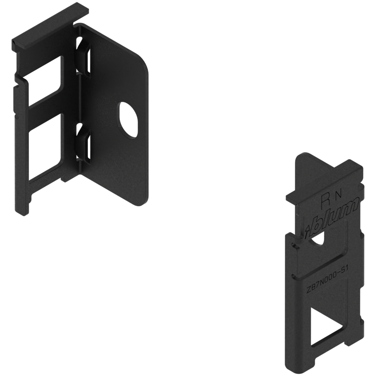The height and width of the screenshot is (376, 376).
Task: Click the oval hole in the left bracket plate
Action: (128, 120)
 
